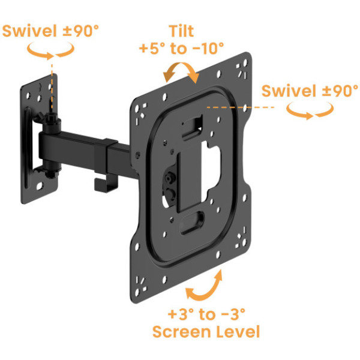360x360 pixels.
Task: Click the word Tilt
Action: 181,31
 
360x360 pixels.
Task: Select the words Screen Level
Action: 206,332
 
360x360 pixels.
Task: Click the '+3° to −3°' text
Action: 206,314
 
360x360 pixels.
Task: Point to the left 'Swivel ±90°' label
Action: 50,31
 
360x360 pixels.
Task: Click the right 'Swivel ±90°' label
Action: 310,91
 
